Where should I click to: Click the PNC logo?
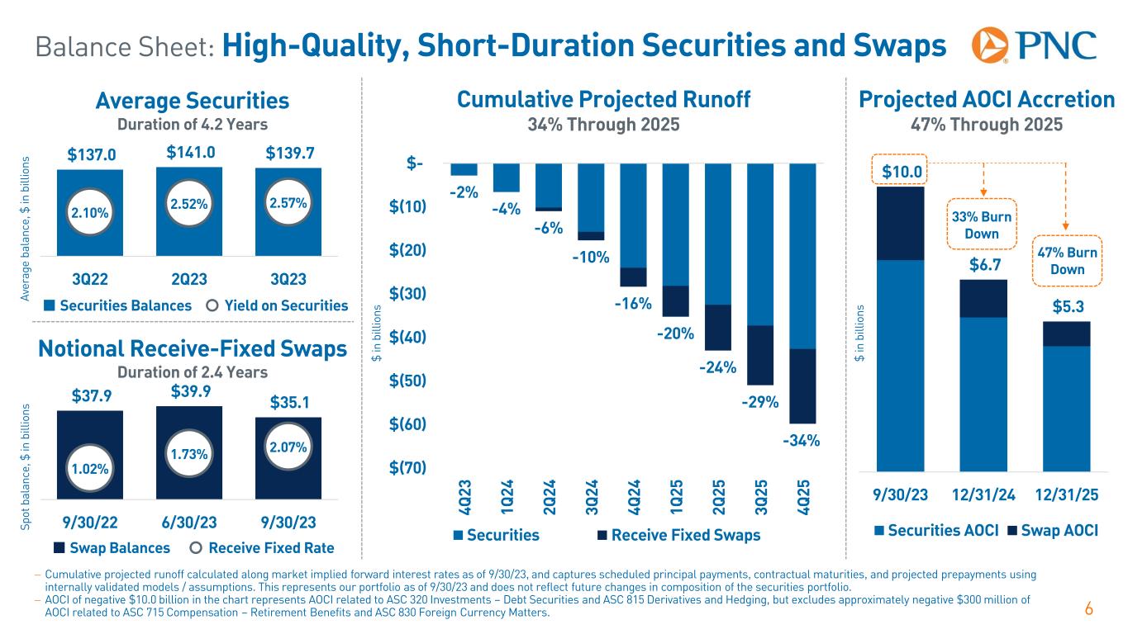click(x=1034, y=46)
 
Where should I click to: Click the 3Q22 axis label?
click(x=89, y=275)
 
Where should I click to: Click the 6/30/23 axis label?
click(x=189, y=523)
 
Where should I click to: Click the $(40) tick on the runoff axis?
click(x=409, y=337)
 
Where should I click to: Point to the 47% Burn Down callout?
click(x=1067, y=262)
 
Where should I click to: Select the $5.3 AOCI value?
click(x=1066, y=307)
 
